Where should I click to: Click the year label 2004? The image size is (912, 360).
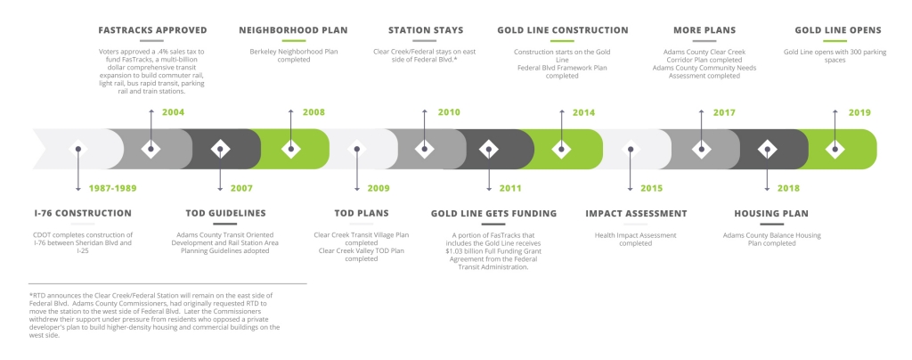(x=174, y=112)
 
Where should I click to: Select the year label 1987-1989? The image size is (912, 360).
(x=113, y=188)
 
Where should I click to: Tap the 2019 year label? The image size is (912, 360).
(x=859, y=112)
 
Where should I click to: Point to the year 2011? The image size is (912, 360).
(x=510, y=188)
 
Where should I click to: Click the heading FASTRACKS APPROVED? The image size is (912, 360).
(x=152, y=30)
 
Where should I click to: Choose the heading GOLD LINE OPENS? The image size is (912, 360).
(x=838, y=30)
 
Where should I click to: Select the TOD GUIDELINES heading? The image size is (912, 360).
(x=225, y=214)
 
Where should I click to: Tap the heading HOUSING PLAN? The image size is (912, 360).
(x=771, y=214)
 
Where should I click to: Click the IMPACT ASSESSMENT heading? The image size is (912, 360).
(x=636, y=214)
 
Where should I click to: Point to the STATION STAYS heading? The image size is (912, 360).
(x=426, y=30)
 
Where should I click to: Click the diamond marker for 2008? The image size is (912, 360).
(x=291, y=149)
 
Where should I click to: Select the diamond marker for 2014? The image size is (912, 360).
(x=561, y=149)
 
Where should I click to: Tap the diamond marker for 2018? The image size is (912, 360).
(x=767, y=149)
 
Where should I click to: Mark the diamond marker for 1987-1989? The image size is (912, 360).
(x=78, y=149)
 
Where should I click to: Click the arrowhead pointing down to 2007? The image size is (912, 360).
(x=220, y=188)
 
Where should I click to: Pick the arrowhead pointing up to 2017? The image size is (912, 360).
(x=702, y=111)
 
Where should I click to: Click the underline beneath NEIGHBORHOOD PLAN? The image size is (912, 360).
(x=293, y=41)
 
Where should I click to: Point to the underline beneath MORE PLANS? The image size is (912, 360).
(x=704, y=41)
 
